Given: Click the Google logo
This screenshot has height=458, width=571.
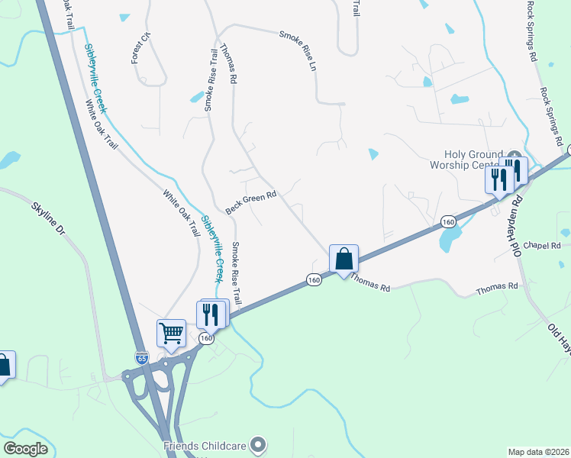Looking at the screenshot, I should [25, 449].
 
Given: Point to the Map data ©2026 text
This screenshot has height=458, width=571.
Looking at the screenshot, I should [538, 452].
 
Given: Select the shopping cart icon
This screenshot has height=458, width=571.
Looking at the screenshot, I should [171, 333].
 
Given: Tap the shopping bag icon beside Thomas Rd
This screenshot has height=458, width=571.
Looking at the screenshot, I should [344, 258].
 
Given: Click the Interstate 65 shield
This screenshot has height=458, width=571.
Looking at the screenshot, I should [141, 356].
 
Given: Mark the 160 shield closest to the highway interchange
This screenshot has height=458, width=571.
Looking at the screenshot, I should [205, 337].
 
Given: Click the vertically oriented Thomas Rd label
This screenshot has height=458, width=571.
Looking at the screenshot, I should [228, 63].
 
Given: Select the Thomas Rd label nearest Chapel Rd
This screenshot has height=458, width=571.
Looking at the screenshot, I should [497, 287].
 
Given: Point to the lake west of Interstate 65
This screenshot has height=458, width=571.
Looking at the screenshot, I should [8, 160].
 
